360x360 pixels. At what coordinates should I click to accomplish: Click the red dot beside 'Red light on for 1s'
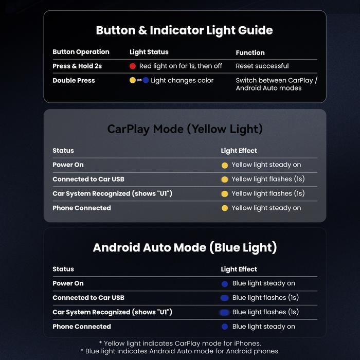click(x=133, y=66)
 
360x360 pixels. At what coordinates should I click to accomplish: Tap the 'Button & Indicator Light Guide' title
click(x=184, y=30)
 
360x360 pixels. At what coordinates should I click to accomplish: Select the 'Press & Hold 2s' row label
click(x=77, y=66)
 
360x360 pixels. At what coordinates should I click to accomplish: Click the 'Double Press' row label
click(x=74, y=80)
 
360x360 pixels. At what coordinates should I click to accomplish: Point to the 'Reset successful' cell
click(x=262, y=66)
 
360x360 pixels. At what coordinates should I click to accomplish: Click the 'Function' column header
click(x=250, y=53)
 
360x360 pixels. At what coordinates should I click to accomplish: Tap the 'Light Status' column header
click(x=149, y=52)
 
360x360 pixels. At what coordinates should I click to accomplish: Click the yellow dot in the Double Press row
click(x=133, y=80)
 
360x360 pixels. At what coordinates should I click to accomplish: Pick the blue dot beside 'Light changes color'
click(x=146, y=80)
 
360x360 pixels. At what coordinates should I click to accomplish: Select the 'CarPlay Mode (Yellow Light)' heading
click(x=185, y=129)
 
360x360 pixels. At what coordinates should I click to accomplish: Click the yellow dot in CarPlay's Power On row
click(x=225, y=165)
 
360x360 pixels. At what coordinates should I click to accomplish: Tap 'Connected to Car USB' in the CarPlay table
click(x=88, y=179)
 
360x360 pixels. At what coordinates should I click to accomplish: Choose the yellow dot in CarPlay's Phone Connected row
click(x=225, y=208)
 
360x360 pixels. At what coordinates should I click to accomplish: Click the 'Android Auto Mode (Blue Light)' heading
click(x=185, y=248)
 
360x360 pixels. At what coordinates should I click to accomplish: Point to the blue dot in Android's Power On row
click(x=225, y=284)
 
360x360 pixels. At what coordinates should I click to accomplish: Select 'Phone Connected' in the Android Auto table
click(x=82, y=327)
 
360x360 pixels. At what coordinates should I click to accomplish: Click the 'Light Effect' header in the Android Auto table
click(x=239, y=269)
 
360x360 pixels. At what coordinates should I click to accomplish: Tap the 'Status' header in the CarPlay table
click(x=63, y=151)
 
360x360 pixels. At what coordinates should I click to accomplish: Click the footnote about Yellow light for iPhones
click(x=180, y=344)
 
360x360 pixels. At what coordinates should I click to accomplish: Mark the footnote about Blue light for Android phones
click(x=180, y=351)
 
